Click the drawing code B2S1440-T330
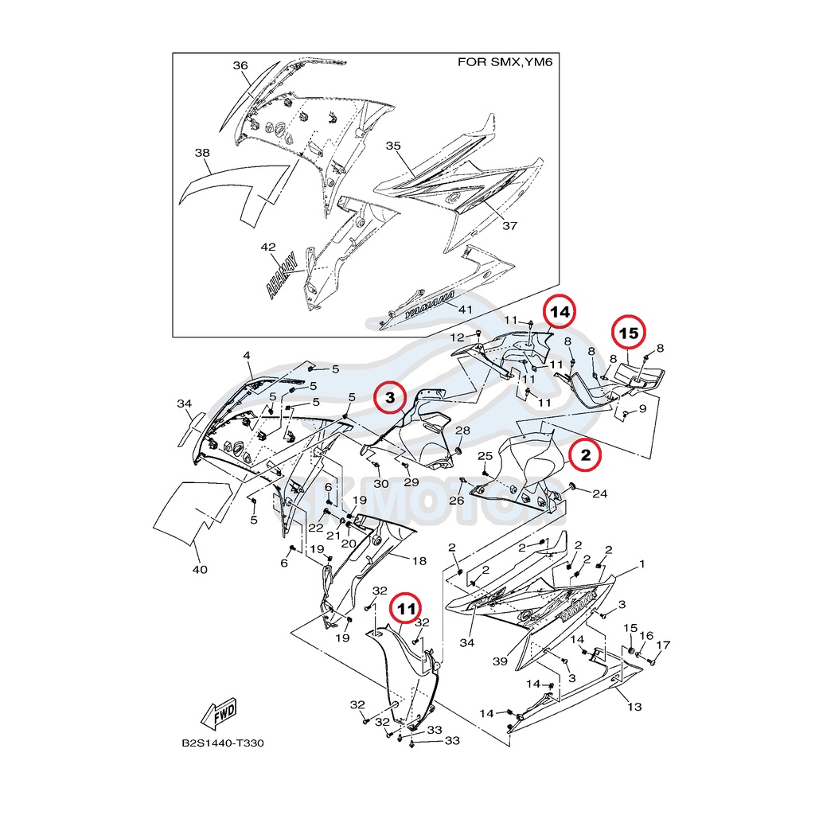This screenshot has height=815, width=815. (x=223, y=744)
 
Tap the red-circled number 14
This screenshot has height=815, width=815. (x=560, y=313)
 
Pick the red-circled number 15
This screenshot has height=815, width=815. (x=629, y=333)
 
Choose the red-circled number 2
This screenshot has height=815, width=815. (x=585, y=455)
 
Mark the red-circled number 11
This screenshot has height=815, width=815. (x=407, y=610)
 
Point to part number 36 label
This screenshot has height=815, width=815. (x=240, y=66)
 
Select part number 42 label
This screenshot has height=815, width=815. (x=268, y=248)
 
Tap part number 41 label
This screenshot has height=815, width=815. (x=466, y=309)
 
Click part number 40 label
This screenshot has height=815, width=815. (x=200, y=569)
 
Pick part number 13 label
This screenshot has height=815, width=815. (x=634, y=706)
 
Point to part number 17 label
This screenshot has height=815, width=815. (x=663, y=645)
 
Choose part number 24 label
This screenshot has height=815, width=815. (x=600, y=493)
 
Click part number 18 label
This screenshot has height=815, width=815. (x=419, y=560)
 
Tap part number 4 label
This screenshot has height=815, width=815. (x=247, y=355)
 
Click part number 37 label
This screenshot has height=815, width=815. (x=509, y=225)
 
